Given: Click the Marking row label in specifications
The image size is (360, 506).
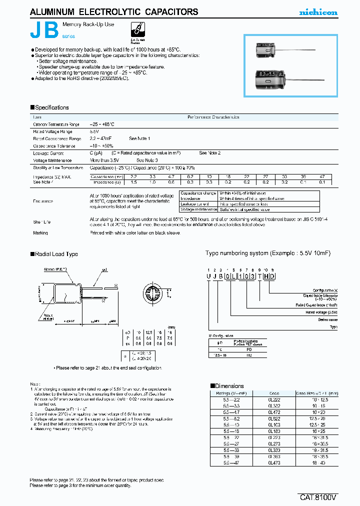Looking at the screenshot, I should point(40,232).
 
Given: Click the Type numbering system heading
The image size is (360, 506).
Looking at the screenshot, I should point(267,253).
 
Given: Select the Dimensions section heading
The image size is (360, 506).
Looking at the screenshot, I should point(229,386).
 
